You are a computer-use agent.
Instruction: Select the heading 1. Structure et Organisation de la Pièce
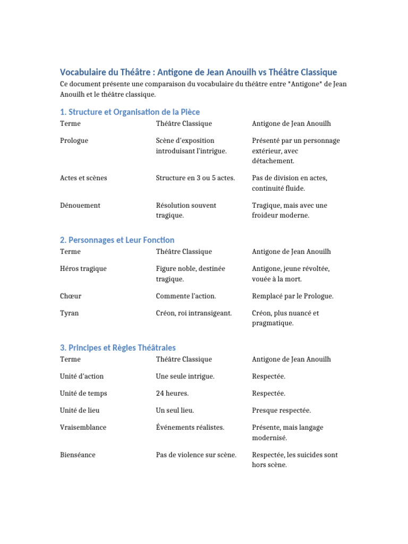(130, 112)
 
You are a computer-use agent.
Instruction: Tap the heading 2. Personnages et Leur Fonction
(117, 240)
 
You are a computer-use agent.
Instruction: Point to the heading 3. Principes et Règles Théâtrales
(118, 347)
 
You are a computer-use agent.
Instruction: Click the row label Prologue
(74, 141)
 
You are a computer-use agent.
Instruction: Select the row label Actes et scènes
(83, 178)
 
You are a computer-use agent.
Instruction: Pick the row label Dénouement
(80, 206)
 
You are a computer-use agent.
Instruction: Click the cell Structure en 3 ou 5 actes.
(195, 178)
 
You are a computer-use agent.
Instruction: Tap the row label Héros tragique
(83, 269)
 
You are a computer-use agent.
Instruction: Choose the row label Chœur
(71, 296)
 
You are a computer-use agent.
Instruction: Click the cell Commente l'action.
(186, 296)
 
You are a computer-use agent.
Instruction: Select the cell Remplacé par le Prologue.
(293, 296)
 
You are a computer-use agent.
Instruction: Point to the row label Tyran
(70, 313)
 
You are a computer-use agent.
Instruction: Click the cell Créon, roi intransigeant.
(194, 313)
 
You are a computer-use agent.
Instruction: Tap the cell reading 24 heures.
(172, 394)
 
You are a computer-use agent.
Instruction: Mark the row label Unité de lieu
(80, 411)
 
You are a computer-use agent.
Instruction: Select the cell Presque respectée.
(282, 411)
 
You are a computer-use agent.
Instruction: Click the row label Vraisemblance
(83, 428)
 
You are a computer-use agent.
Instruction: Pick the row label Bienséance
(78, 455)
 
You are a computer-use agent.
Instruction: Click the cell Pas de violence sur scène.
(196, 455)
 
